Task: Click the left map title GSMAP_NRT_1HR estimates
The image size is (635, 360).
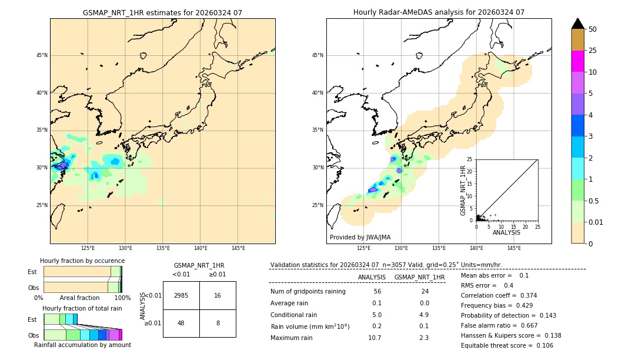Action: [x=162, y=12]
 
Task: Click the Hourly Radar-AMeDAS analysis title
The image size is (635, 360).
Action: [x=439, y=12]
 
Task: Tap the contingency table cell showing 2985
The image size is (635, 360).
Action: [x=181, y=295]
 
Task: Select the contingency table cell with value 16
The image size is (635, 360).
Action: [x=218, y=295]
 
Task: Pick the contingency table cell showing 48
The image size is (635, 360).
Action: [x=181, y=323]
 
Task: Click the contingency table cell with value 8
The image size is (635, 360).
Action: [x=218, y=323]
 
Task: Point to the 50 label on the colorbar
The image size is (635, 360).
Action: [x=593, y=29]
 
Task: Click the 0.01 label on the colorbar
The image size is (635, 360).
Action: [x=596, y=222]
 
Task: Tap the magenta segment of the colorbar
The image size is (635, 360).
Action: [x=577, y=61]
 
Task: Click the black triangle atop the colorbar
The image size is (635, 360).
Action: [x=577, y=24]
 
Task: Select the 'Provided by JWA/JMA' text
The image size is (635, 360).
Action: [x=360, y=237]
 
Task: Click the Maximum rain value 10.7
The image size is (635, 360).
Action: [x=375, y=338]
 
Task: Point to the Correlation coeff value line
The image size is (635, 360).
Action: [x=499, y=295]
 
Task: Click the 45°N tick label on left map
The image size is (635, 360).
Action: [x=42, y=55]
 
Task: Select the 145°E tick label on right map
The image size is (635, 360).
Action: [x=514, y=248]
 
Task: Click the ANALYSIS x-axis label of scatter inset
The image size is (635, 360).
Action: [x=506, y=232]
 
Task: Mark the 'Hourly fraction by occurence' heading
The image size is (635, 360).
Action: [x=82, y=261]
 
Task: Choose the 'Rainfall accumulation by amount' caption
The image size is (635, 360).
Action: [x=82, y=345]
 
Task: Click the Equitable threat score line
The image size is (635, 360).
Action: [x=507, y=345]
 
